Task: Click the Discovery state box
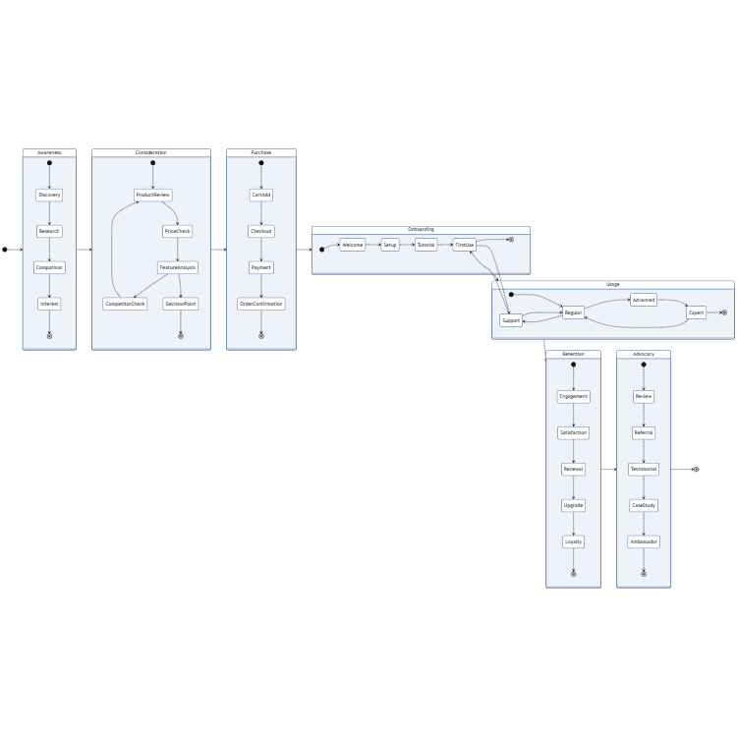[49, 195]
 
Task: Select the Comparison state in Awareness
[49, 267]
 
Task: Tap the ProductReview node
[152, 195]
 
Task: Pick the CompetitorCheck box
[125, 304]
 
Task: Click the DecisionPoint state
[181, 304]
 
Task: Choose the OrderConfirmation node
[261, 304]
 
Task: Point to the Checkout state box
[261, 231]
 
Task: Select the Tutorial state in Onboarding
[425, 245]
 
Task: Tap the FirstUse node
[465, 245]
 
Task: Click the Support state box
[511, 320]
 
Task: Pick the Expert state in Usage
[696, 312]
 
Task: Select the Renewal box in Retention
[573, 469]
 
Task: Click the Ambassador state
[644, 541]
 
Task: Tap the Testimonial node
[644, 469]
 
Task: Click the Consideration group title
[151, 152]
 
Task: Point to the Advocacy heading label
[644, 353]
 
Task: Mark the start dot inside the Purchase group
[261, 163]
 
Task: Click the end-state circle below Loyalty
[573, 573]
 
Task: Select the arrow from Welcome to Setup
[373, 245]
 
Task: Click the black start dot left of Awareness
[5, 250]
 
